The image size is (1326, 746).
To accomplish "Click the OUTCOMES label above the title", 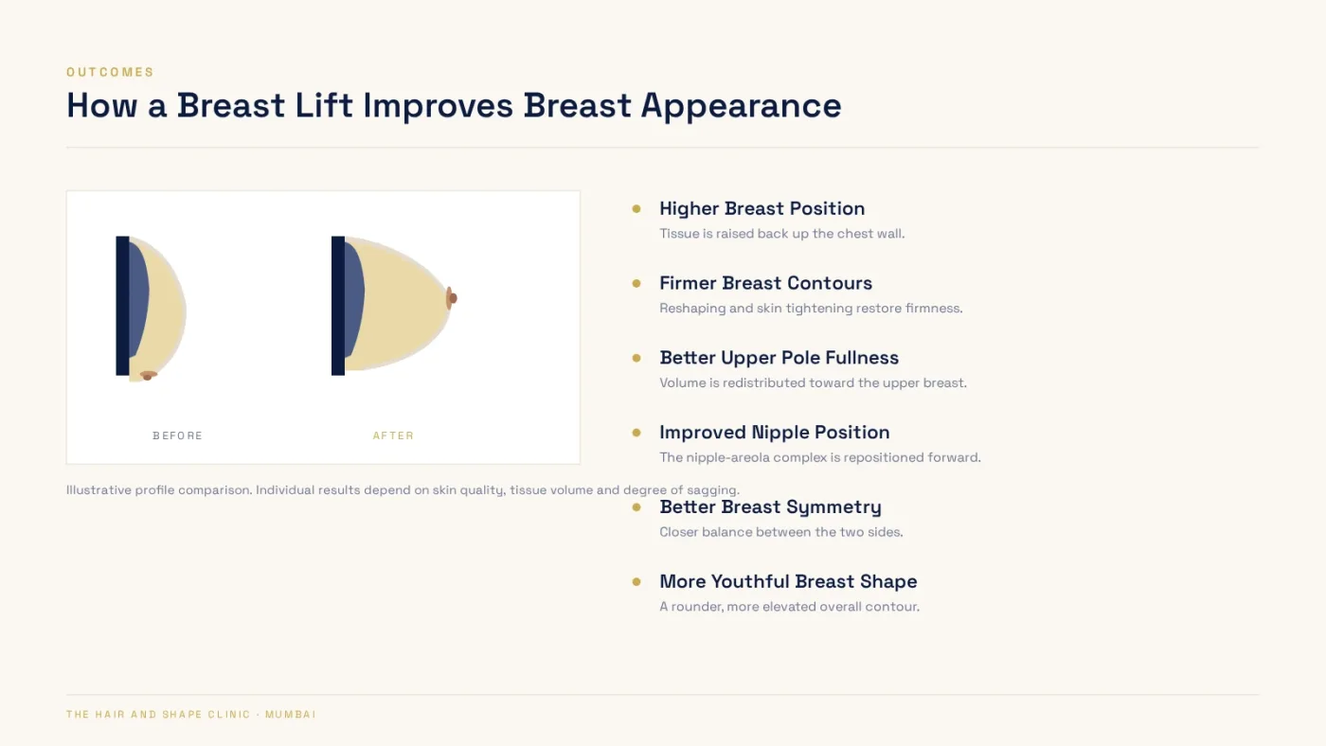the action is coord(110,72).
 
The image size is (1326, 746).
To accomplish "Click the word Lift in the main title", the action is coord(323,105).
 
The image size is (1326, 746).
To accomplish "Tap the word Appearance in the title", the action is coord(741,106).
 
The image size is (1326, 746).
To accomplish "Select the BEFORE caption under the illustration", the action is coord(178,435).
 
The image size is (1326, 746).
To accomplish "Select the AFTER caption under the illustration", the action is coord(394,435).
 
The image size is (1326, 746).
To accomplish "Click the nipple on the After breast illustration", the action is coord(451,298).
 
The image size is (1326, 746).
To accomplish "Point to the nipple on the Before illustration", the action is coord(148,375).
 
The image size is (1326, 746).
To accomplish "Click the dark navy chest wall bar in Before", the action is coord(122,305).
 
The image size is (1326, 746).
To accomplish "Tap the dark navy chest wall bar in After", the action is coord(338,305).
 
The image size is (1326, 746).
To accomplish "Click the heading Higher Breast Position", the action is coord(762,208).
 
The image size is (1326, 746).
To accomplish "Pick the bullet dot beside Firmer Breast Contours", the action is coord(636,283).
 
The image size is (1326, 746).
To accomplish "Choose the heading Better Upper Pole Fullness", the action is coord(779,357).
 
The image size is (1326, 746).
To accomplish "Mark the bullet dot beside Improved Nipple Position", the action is coord(636,433).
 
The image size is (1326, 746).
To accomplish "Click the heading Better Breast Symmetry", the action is coord(770,507).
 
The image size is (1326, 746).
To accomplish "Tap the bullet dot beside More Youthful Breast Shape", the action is coord(636,581).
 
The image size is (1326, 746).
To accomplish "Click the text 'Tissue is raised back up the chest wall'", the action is coord(782,234).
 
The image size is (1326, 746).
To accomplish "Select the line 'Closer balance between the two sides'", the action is coord(781,532).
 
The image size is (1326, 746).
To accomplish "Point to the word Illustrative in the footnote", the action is coord(99,489).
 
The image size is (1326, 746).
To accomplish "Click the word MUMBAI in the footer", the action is coord(291,714).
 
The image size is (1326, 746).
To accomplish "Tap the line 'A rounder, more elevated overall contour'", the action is coord(790,607).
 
